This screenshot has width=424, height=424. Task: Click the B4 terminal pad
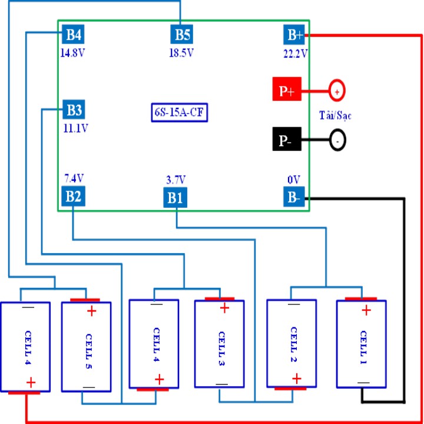pos(74,34)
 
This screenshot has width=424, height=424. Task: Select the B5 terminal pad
pos(180,34)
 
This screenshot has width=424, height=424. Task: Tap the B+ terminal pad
pos(295,35)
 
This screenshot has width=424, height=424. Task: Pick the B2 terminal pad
pos(74,196)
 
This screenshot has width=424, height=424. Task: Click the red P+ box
pos(287,91)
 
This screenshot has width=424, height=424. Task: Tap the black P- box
pos(287,141)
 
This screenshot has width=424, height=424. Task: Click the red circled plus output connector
pos(336,91)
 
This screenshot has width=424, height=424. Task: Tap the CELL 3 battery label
pos(221,343)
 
